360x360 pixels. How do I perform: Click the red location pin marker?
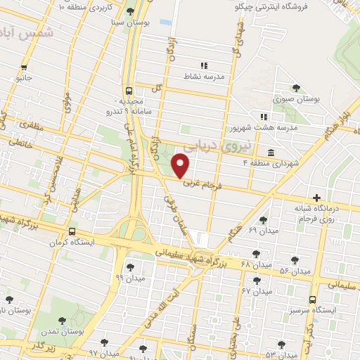(181, 166)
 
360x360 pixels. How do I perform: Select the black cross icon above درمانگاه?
(318, 198)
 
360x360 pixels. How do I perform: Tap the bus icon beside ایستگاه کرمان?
(72, 232)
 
